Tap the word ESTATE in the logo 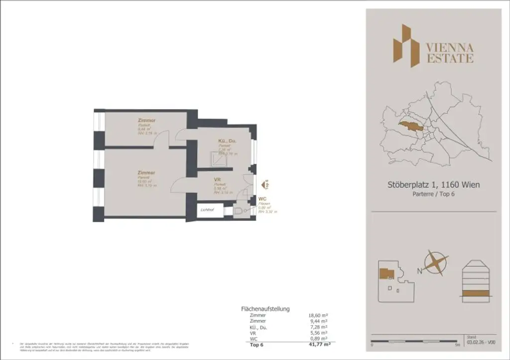coord(449,59)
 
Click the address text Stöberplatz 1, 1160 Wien coord(433,185)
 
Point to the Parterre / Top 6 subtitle coord(433,194)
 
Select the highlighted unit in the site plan coord(385,272)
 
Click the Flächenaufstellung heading coord(265,309)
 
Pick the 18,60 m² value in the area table coord(318,315)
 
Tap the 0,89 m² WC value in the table coord(318,339)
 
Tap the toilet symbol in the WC coord(239,212)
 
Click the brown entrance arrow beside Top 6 coord(262,185)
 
